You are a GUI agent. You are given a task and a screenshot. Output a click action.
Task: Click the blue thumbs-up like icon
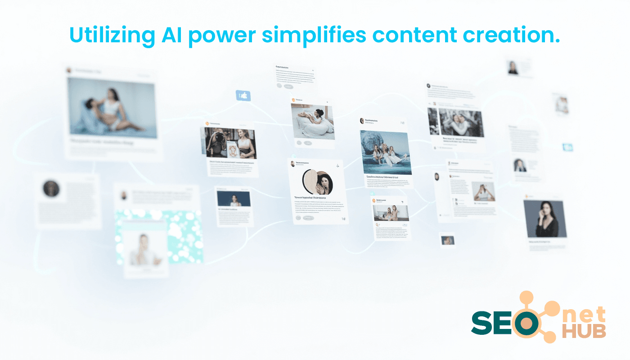pyautogui.click(x=243, y=95)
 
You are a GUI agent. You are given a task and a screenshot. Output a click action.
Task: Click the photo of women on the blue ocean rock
pyautogui.click(x=386, y=152)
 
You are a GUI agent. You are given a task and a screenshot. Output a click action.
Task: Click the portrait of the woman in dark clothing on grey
pyautogui.click(x=544, y=219)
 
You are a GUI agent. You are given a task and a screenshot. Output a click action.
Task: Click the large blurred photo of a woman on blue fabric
pyautogui.click(x=112, y=107)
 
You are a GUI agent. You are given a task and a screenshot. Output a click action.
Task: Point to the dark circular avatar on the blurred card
pyautogui.click(x=51, y=189)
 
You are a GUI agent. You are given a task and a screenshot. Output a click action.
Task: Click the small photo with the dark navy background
pyautogui.click(x=233, y=198)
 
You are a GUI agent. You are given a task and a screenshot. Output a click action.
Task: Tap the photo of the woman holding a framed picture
pyautogui.click(x=230, y=143)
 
